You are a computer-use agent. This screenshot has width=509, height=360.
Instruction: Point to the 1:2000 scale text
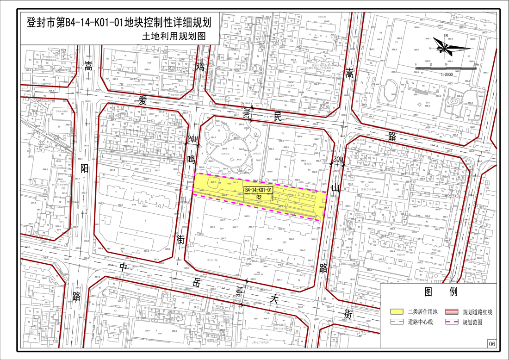click(447, 74)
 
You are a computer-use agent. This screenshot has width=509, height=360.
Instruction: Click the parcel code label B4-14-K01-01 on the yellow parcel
click(259, 190)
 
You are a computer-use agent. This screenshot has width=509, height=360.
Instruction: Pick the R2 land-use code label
click(259, 197)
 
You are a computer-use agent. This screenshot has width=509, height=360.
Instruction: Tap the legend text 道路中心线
click(420, 322)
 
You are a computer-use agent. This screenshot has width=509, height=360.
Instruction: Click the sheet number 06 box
click(491, 344)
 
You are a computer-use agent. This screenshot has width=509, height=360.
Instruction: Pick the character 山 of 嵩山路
click(336, 187)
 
